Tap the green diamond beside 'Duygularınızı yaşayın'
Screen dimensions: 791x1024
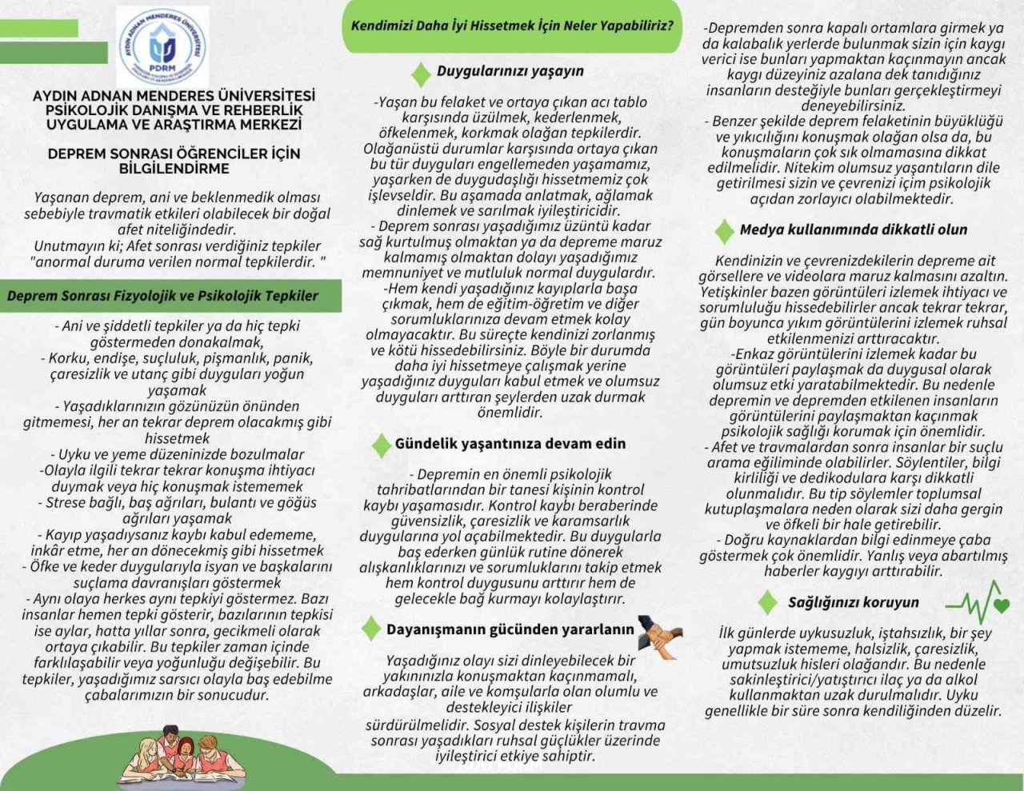[420, 74]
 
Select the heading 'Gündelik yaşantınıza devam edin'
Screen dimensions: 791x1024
[510, 444]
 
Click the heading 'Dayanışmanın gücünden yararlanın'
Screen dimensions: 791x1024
[510, 629]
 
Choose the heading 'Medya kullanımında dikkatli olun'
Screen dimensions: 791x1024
[854, 230]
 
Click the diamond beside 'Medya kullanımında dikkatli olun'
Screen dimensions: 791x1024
[724, 231]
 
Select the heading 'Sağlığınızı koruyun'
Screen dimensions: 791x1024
[854, 602]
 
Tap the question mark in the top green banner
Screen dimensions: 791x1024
[668, 25]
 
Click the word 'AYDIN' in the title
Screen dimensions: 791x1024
[57, 96]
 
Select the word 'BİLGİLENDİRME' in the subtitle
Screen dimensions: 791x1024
[174, 169]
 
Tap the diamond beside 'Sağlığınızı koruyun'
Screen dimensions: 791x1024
[767, 603]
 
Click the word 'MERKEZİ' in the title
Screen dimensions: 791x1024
[269, 125]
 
